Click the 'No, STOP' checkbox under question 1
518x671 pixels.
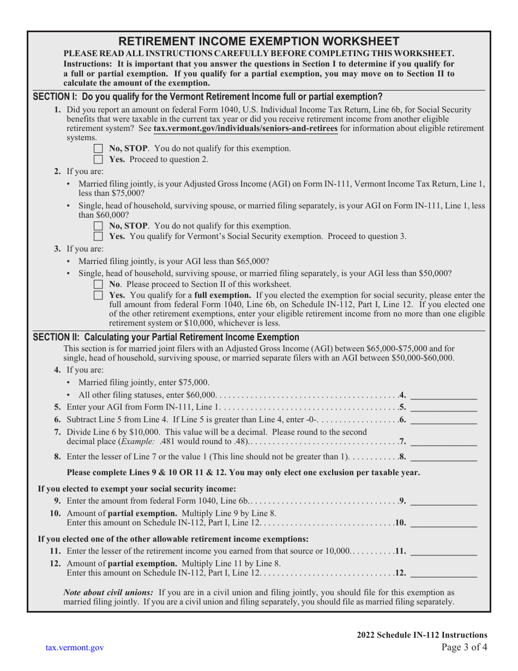pos(98,148)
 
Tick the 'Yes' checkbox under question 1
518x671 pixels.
pos(98,159)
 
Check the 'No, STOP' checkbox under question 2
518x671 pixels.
pos(98,226)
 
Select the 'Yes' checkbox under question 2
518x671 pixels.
pos(98,236)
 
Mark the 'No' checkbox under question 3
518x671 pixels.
pos(98,284)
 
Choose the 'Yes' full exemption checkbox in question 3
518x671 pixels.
pos(98,295)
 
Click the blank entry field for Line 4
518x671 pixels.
pos(443,395)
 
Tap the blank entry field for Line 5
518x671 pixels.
pos(443,407)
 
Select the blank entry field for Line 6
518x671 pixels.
pos(443,420)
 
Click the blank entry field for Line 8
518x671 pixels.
pos(443,457)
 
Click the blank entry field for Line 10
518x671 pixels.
pos(443,523)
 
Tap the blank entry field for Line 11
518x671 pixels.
pos(443,551)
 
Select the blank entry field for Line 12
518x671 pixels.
pos(443,573)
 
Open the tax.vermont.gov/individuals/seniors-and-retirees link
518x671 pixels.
pos(245,129)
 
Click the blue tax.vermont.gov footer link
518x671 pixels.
pos(75,648)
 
